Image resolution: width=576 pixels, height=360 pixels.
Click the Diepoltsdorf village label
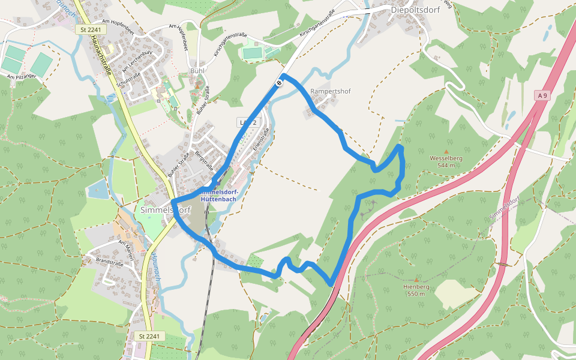click(x=415, y=10)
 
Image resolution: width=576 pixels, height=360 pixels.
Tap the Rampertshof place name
click(x=331, y=92)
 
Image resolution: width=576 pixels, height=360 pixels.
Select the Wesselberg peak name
click(x=446, y=158)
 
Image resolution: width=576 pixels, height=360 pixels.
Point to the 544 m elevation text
click(x=446, y=166)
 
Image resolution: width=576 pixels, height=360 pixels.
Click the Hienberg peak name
click(x=416, y=287)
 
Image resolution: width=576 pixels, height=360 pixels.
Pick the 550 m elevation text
click(x=416, y=294)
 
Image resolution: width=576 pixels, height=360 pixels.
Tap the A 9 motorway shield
click(x=542, y=95)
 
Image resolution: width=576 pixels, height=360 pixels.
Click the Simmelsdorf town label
click(x=165, y=211)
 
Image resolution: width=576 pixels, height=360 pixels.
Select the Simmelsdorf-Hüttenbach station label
click(x=217, y=196)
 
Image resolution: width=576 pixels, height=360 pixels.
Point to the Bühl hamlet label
click(x=197, y=71)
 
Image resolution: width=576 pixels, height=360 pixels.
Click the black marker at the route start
click(x=280, y=83)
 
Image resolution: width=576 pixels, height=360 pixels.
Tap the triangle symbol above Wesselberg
click(x=446, y=151)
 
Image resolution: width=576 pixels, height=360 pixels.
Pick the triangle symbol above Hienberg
click(x=416, y=280)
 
